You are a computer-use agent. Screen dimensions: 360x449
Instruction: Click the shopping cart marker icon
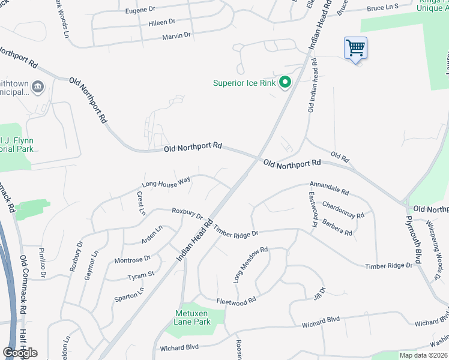click(356, 48)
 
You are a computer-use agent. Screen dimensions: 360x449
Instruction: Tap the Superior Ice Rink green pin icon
click(286, 83)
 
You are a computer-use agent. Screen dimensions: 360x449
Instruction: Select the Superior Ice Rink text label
click(244, 83)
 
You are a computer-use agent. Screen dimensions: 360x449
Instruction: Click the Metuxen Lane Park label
click(193, 317)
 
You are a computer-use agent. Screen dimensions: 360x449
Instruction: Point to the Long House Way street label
click(166, 182)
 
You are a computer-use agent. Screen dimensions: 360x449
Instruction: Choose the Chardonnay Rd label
click(343, 211)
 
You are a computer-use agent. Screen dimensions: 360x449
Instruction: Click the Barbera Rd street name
click(337, 228)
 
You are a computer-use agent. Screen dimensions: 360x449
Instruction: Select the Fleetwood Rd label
click(237, 299)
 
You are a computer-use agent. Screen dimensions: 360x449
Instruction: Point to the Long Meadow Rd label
click(250, 265)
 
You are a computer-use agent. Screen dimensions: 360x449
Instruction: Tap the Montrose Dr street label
click(133, 259)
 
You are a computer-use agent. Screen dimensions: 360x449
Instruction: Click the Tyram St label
click(141, 275)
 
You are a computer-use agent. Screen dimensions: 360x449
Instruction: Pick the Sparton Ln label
click(129, 293)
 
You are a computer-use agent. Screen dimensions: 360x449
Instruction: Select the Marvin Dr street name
click(176, 36)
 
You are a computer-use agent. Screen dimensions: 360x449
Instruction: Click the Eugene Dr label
click(140, 11)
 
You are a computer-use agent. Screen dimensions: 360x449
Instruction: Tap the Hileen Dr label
click(161, 23)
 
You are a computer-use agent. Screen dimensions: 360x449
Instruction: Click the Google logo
click(20, 352)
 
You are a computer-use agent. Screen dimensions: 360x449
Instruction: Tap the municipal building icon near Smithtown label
click(37, 88)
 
